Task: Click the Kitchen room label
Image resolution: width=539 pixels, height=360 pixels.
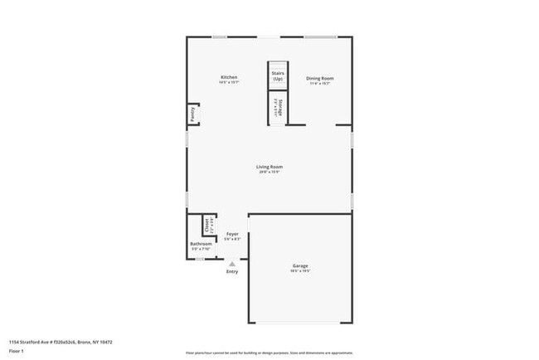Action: point(229,77)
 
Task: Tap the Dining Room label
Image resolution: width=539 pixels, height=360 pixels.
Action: point(320,78)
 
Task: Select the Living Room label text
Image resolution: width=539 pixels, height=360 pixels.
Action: point(269,167)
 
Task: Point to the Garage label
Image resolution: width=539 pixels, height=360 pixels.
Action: point(299,265)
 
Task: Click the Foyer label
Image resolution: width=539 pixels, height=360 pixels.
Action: point(232,234)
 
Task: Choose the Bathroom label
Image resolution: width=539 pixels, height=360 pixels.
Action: point(202,243)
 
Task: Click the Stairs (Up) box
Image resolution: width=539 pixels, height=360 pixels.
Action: point(277,75)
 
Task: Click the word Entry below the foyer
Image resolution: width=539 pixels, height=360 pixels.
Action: point(231,272)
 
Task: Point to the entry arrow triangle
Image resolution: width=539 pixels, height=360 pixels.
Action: point(231,264)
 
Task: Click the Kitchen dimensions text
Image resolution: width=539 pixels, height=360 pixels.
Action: point(229,83)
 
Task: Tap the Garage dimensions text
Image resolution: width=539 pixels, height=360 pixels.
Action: point(299,271)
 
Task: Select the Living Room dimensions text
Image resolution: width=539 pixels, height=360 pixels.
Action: point(269,173)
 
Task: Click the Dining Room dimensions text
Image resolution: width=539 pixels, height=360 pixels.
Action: point(320,83)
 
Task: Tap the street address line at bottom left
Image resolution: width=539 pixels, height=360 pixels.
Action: point(61,342)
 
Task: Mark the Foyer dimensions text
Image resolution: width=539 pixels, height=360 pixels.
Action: point(232,240)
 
